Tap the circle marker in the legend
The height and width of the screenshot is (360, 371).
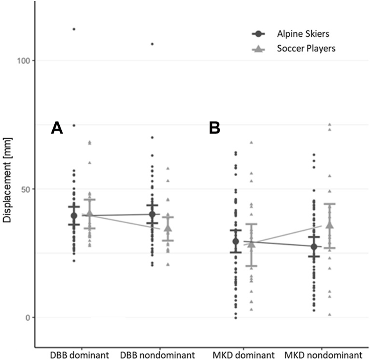pyautogui.click(x=258, y=34)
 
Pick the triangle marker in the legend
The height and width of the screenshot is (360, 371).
pyautogui.click(x=258, y=49)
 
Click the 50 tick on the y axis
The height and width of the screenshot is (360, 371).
pyautogui.click(x=25, y=189)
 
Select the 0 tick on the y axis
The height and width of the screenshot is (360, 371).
pyautogui.click(x=27, y=318)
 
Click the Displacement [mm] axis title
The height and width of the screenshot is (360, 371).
pyautogui.click(x=7, y=181)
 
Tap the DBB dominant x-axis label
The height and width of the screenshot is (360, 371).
pyautogui.click(x=79, y=355)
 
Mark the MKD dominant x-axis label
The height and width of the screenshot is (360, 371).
pyautogui.click(x=243, y=355)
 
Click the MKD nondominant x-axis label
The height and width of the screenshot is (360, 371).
pyautogui.click(x=323, y=355)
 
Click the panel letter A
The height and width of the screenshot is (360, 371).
pyautogui.click(x=57, y=129)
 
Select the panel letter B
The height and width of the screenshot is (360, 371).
pyautogui.click(x=215, y=129)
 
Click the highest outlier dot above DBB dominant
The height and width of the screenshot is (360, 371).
pyautogui.click(x=74, y=29)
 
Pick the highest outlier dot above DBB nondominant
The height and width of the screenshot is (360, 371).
pyautogui.click(x=152, y=44)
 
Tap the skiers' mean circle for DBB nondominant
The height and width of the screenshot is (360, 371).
pyautogui.click(x=152, y=214)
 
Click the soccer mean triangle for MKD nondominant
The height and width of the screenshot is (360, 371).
pyautogui.click(x=329, y=225)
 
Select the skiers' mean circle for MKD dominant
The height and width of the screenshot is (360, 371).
pyautogui.click(x=236, y=241)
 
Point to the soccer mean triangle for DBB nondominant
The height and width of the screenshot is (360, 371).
pyautogui.click(x=168, y=228)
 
